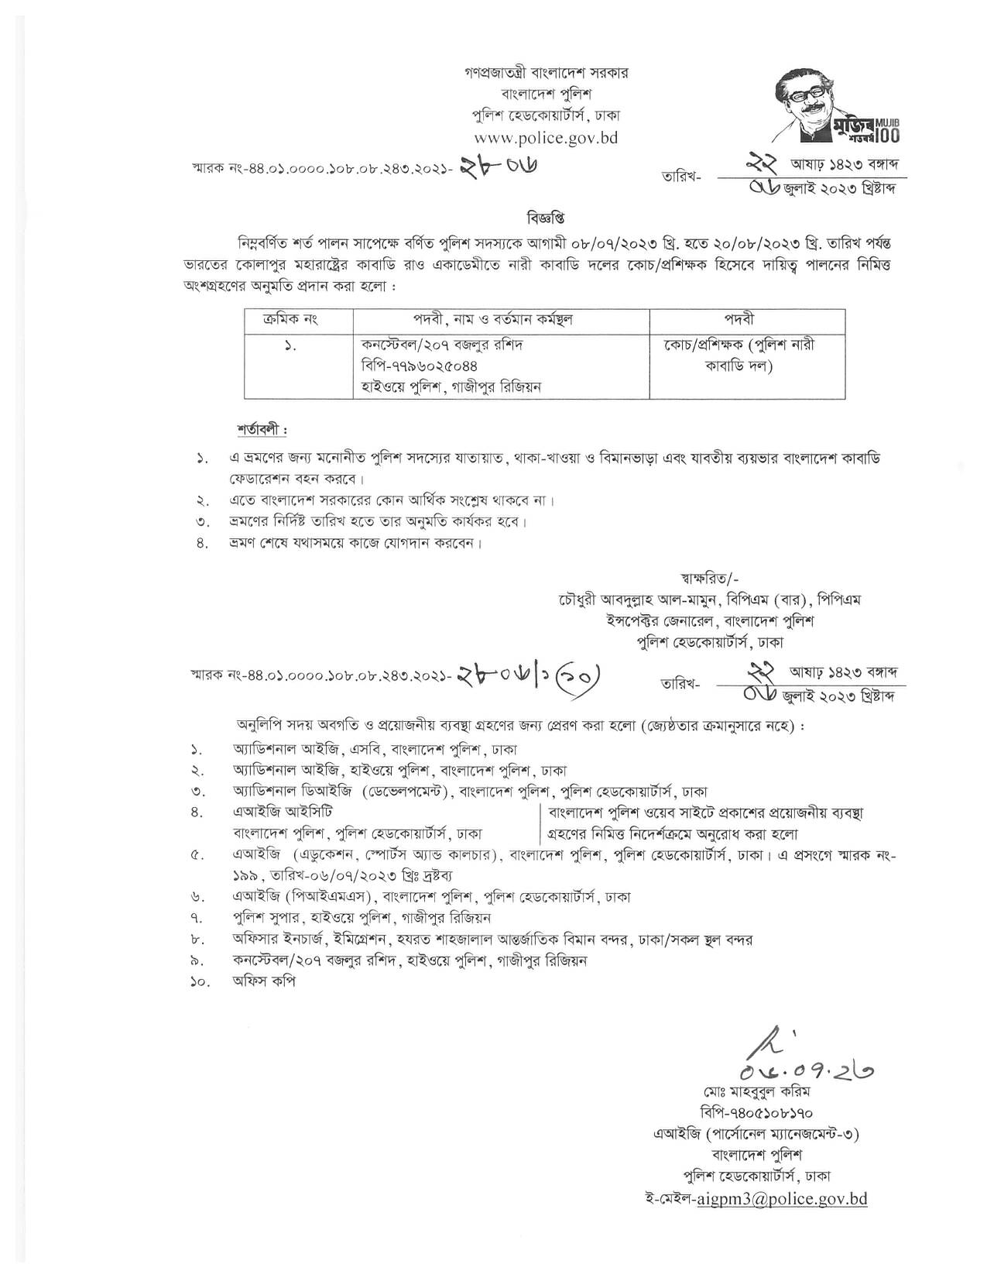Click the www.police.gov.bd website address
pyautogui.click(x=540, y=138)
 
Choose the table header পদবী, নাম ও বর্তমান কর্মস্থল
pyautogui.click(x=500, y=320)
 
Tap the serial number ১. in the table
pyautogui.click(x=290, y=345)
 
